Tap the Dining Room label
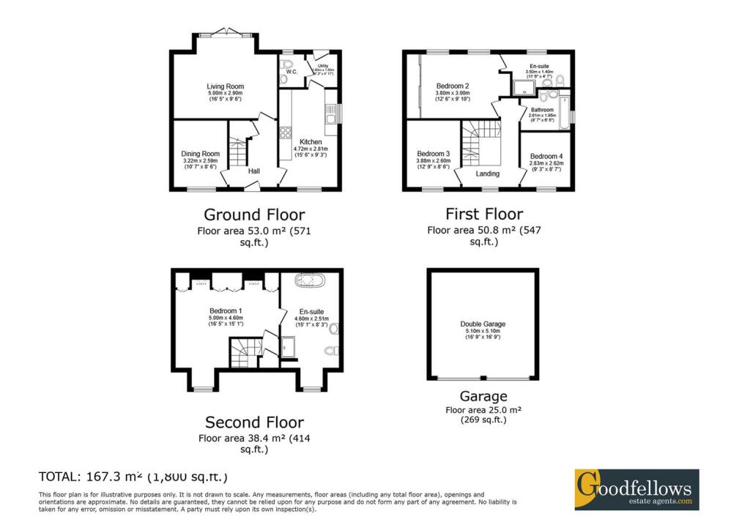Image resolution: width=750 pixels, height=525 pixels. (200, 154)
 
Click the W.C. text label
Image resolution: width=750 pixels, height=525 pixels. (291, 72)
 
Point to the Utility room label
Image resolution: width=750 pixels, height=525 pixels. (322, 66)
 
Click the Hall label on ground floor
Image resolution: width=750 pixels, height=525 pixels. (254, 171)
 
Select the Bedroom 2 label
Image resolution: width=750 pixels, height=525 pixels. (452, 86)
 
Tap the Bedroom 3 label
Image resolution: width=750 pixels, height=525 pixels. (433, 154)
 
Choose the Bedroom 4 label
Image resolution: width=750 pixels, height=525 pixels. (546, 156)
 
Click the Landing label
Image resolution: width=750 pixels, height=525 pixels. (487, 174)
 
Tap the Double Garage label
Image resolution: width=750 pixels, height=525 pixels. (483, 324)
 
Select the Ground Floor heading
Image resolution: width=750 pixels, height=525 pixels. (253, 215)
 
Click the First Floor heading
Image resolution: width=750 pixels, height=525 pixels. (484, 214)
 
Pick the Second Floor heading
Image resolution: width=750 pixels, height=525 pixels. (254, 422)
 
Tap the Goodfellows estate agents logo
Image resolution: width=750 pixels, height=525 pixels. (636, 490)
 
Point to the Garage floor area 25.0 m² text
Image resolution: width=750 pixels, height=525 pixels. (483, 410)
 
